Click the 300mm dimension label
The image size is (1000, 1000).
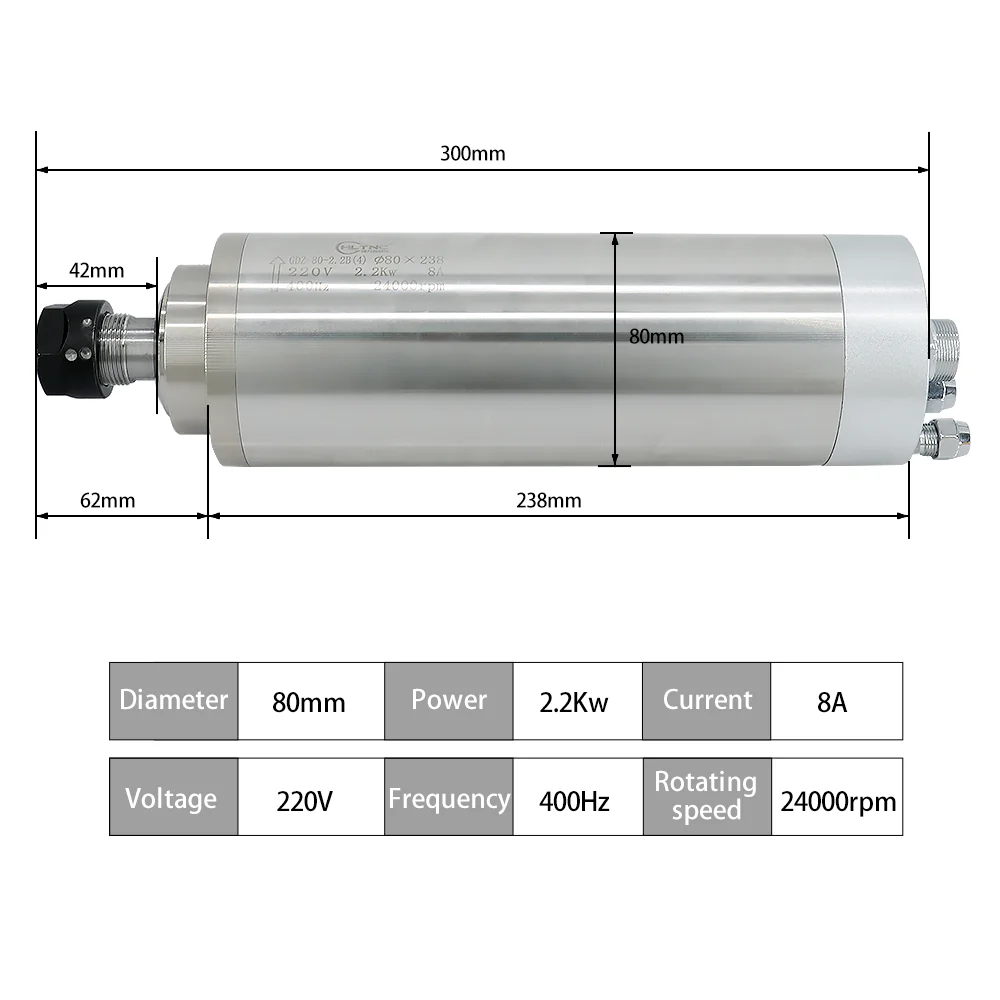pyautogui.click(x=472, y=154)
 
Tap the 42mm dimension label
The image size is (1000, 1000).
pyautogui.click(x=96, y=270)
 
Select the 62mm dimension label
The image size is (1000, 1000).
pyautogui.click(x=107, y=500)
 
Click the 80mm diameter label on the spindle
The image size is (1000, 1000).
pyautogui.click(x=657, y=337)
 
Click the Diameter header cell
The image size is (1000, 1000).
pyautogui.click(x=173, y=700)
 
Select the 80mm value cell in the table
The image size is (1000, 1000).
pyautogui.click(x=309, y=702)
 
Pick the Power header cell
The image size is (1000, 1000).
pyautogui.click(x=448, y=700)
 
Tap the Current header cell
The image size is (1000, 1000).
pyautogui.click(x=706, y=700)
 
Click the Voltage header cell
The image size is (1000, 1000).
pyautogui.click(x=173, y=798)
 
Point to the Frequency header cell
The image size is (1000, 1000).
pyautogui.click(x=448, y=798)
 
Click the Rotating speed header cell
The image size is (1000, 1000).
pyautogui.click(x=706, y=796)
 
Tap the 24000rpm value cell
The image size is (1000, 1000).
pyautogui.click(x=838, y=800)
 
